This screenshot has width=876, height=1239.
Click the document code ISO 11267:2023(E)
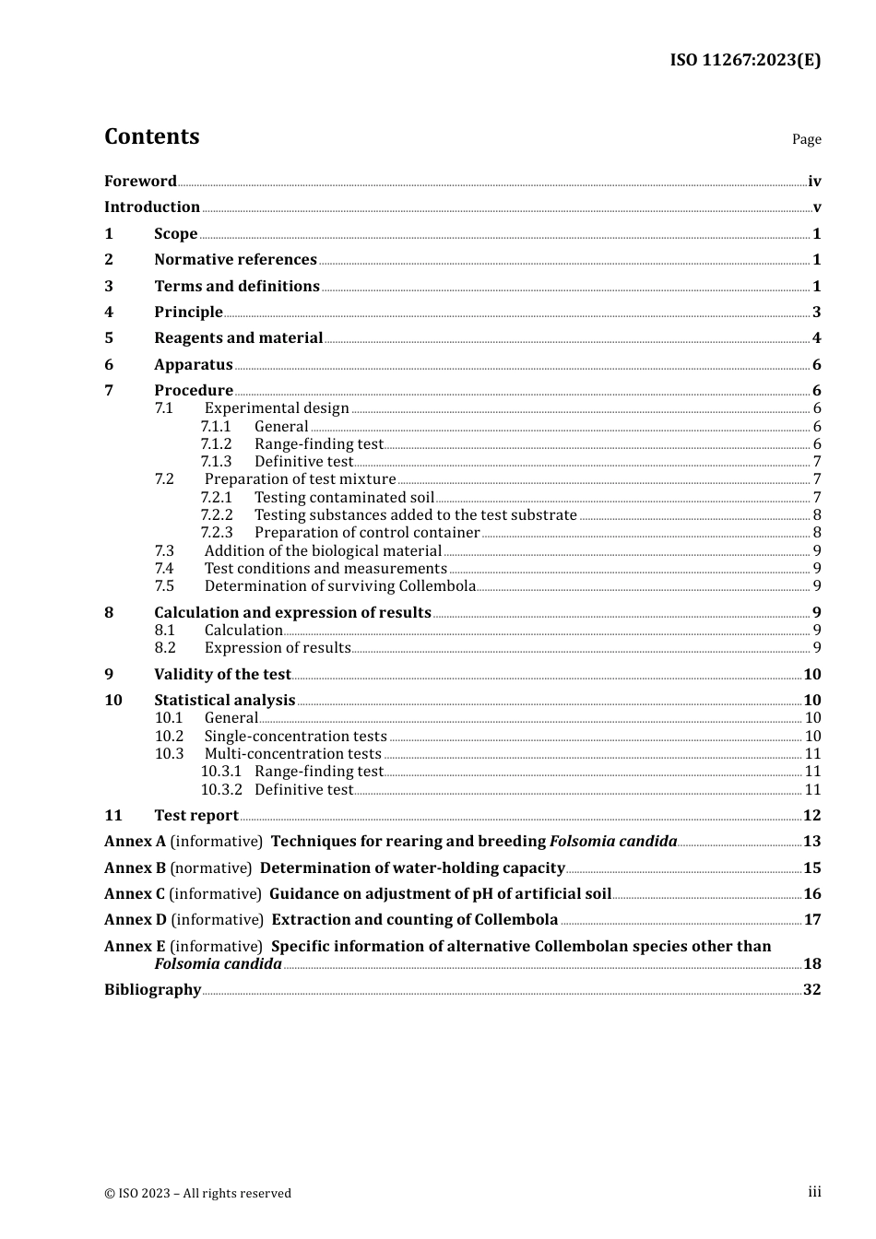pyautogui.click(x=745, y=60)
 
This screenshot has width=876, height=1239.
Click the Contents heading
pyautogui.click(x=151, y=136)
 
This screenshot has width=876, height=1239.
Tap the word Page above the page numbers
pyautogui.click(x=806, y=139)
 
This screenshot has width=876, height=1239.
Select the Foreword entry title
pyautogui.click(x=140, y=181)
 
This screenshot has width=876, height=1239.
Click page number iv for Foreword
pyautogui.click(x=814, y=182)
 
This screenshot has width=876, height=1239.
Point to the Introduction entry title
pyautogui.click(x=152, y=207)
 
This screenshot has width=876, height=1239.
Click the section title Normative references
pyautogui.click(x=235, y=260)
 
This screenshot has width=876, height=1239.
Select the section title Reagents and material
pyautogui.click(x=238, y=338)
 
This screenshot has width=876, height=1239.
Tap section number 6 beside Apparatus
pyautogui.click(x=109, y=365)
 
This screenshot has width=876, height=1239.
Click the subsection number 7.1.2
pyautogui.click(x=216, y=444)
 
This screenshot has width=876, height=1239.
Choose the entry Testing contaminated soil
pyautogui.click(x=344, y=498)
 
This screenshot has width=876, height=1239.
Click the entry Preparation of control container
pyautogui.click(x=367, y=533)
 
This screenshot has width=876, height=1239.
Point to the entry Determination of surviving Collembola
pyautogui.click(x=339, y=586)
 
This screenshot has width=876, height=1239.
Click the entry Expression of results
pyautogui.click(x=278, y=648)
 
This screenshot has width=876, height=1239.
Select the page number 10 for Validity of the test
pyautogui.click(x=811, y=675)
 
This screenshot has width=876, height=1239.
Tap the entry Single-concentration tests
pyautogui.click(x=295, y=737)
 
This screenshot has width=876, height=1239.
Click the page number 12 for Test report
pyautogui.click(x=811, y=816)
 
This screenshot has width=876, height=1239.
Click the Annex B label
pyautogui.click(x=135, y=868)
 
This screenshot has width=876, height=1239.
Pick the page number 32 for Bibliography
pyautogui.click(x=811, y=990)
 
